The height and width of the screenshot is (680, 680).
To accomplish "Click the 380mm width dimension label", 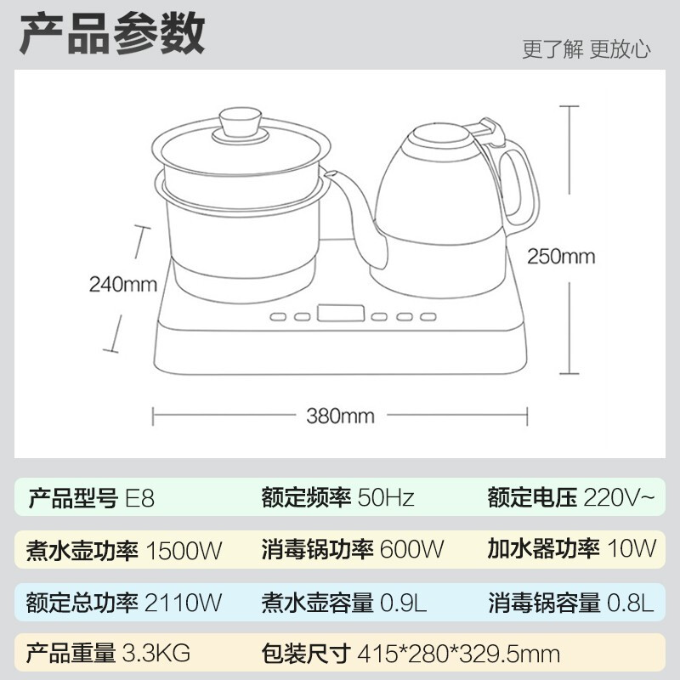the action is pyautogui.click(x=340, y=416).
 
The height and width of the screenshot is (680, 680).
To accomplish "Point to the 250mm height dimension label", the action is pyautogui.click(x=561, y=257).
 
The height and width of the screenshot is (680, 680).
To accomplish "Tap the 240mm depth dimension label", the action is pyautogui.click(x=122, y=285).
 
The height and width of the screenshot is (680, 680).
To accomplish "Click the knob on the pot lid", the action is pyautogui.click(x=241, y=124).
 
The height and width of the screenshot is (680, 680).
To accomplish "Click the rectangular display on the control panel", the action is pyautogui.click(x=341, y=313).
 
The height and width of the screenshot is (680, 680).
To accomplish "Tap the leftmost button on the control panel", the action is pyautogui.click(x=278, y=316).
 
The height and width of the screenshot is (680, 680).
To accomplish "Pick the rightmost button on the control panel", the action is pyautogui.click(x=428, y=316).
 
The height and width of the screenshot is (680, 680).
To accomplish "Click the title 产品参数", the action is pyautogui.click(x=112, y=33).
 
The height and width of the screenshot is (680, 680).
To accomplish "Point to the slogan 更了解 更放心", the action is pyautogui.click(x=586, y=49).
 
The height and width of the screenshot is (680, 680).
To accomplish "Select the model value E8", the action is pyautogui.click(x=139, y=498).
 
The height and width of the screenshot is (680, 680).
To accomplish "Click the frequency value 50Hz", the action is pyautogui.click(x=386, y=498).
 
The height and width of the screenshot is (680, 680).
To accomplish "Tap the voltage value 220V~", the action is pyautogui.click(x=619, y=497).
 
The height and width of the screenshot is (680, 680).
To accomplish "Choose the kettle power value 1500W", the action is pyautogui.click(x=184, y=550).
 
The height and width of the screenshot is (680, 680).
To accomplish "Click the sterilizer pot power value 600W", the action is pyautogui.click(x=411, y=549).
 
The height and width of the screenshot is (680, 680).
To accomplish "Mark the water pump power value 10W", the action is pyautogui.click(x=632, y=548).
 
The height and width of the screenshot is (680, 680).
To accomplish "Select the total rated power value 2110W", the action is pyautogui.click(x=183, y=603).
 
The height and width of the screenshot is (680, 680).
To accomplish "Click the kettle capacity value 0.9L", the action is pyautogui.click(x=403, y=603).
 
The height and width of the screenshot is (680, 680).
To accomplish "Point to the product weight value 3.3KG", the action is pyautogui.click(x=156, y=653).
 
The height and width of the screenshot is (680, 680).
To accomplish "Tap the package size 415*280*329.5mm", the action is pyautogui.click(x=458, y=654).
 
